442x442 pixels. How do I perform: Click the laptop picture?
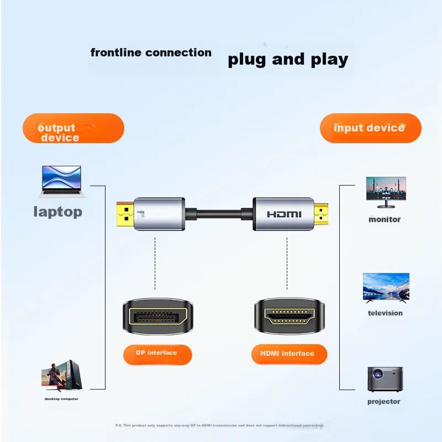pos(61,181)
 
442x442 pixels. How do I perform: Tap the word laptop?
pos(57,212)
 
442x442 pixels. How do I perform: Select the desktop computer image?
pos(61,375)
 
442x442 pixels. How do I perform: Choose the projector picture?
pos(385,379)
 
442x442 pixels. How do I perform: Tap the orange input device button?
pos(370,128)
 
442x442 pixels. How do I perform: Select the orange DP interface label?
pos(156,354)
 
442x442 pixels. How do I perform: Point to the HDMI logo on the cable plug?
pos(284,214)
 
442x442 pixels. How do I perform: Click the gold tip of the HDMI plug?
pos(321,214)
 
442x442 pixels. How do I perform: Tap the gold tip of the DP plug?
pos(124,214)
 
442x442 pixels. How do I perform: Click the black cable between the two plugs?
pos(219,213)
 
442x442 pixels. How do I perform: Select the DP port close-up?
pos(156,317)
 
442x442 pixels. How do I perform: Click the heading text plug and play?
pos(288,59)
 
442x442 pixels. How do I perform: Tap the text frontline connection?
pos(151,53)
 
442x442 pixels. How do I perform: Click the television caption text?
pos(385,313)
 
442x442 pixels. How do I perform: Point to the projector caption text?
pos(383,402)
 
